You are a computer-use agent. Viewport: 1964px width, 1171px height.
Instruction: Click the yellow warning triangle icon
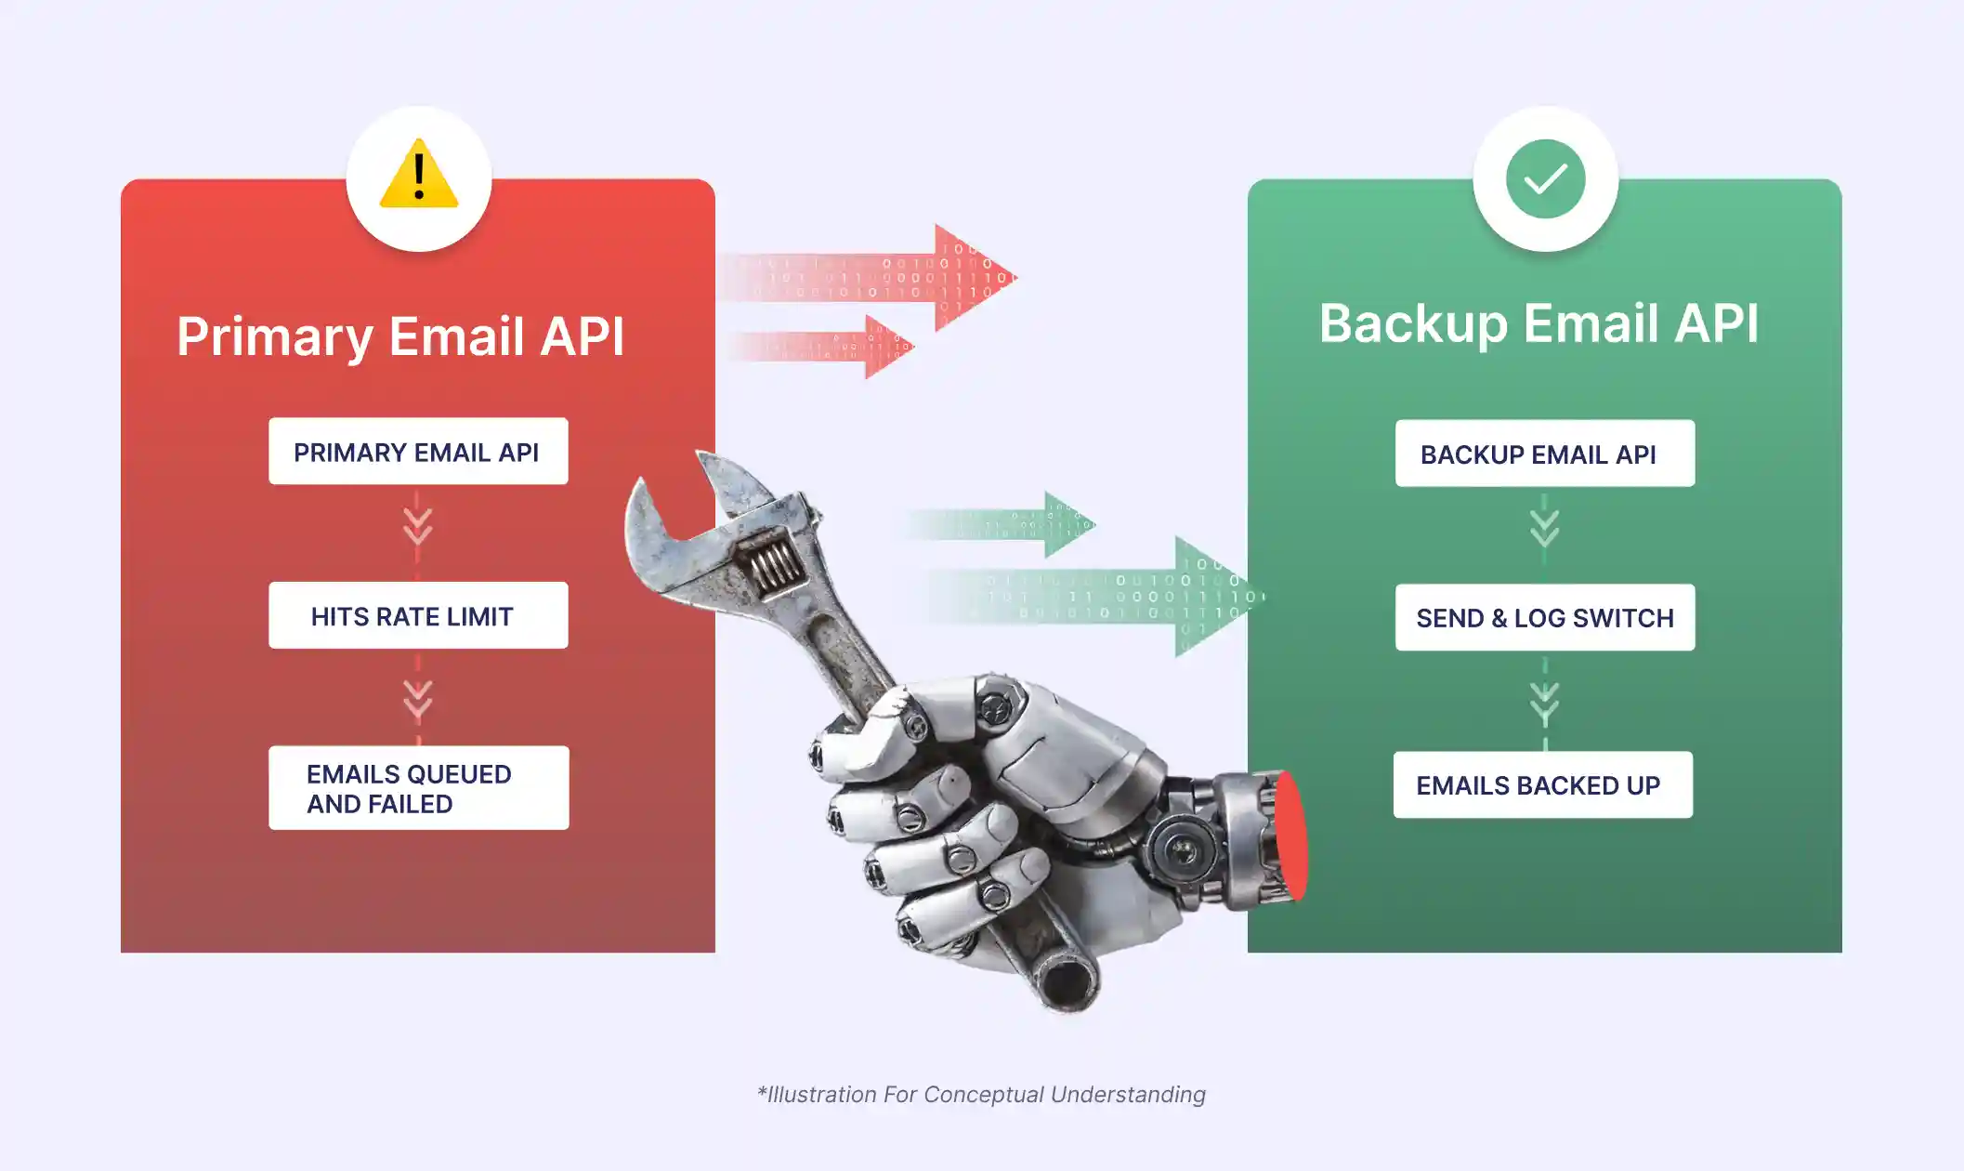click(x=419, y=176)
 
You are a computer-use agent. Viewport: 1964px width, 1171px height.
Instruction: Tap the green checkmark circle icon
click(x=1545, y=178)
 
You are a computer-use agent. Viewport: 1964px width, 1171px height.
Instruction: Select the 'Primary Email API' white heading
click(x=400, y=336)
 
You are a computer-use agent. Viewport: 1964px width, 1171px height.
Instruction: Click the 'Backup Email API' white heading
click(x=1538, y=323)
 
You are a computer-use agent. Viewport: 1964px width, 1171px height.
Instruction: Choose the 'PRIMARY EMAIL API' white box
click(x=418, y=452)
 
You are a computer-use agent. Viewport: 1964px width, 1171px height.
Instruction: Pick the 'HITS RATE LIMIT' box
click(x=418, y=615)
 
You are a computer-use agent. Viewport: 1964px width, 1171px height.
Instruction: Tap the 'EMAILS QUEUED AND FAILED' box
click(x=418, y=788)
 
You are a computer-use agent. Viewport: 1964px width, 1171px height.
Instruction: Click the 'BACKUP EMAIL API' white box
click(x=1544, y=454)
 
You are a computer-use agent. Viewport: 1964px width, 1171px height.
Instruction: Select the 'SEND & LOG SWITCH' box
click(x=1544, y=617)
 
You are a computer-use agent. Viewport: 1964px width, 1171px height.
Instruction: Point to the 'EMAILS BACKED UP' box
click(x=1542, y=785)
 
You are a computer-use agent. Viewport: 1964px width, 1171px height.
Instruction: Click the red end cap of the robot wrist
click(x=1290, y=836)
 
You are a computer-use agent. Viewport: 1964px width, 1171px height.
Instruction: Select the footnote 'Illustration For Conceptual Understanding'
click(x=981, y=1095)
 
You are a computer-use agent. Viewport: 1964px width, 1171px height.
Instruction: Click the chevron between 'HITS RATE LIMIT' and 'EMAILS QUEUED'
click(x=418, y=699)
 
